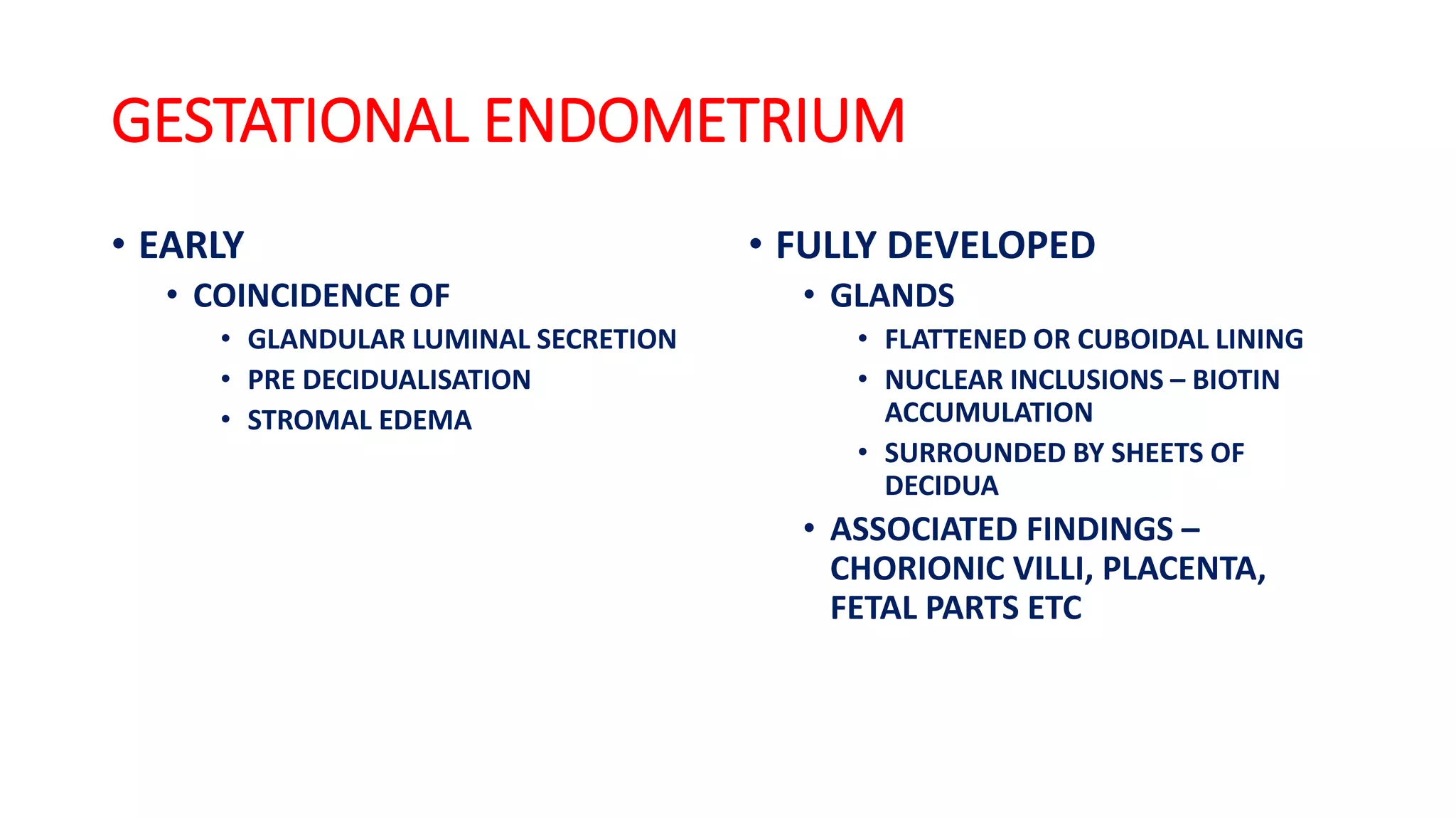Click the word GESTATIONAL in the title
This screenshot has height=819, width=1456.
click(290, 121)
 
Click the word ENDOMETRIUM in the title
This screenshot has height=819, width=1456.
click(694, 121)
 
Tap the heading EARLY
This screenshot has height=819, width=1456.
click(191, 246)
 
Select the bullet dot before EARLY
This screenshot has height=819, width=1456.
click(119, 245)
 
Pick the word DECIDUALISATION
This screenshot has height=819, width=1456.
click(417, 380)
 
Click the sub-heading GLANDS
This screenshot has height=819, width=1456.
click(892, 296)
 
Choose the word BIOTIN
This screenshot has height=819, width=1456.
click(1236, 380)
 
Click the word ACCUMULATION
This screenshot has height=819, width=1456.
click(988, 413)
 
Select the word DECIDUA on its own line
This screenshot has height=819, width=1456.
click(941, 486)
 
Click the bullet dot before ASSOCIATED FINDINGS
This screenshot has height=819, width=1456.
click(808, 529)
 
